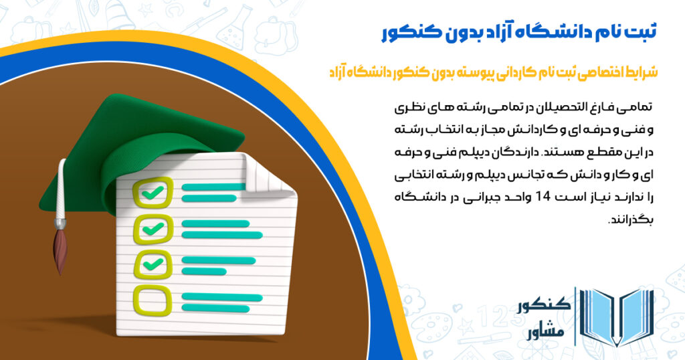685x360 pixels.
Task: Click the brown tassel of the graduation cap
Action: pyautogui.click(x=61, y=248)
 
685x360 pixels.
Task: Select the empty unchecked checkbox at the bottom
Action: pyautogui.click(x=151, y=298)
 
